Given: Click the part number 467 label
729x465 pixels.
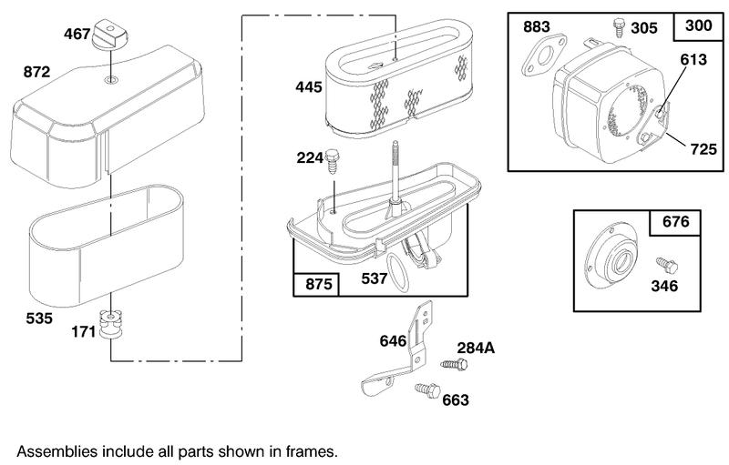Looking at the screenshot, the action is (77, 34).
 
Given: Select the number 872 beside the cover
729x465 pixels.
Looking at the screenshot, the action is (36, 72).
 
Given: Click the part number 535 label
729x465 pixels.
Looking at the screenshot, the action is (39, 318).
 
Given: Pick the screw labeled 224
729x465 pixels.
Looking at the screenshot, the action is (333, 161).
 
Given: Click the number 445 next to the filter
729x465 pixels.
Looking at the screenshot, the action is (309, 86).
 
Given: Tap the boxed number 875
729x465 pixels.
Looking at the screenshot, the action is (318, 284).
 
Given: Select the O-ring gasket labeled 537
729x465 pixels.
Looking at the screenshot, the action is (398, 273).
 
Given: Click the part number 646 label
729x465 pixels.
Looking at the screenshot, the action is (393, 341).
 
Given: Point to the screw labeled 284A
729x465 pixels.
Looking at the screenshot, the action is (454, 364).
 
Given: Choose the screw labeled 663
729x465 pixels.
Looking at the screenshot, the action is (427, 390).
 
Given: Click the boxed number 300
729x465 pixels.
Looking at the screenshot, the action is (698, 25).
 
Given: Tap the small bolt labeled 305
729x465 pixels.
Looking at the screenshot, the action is (619, 27).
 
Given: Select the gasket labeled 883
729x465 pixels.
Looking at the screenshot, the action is (543, 56).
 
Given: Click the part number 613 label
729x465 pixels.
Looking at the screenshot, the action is (693, 59).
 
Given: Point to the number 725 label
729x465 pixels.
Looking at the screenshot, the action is (703, 149).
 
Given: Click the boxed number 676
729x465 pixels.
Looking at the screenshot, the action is (675, 222).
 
